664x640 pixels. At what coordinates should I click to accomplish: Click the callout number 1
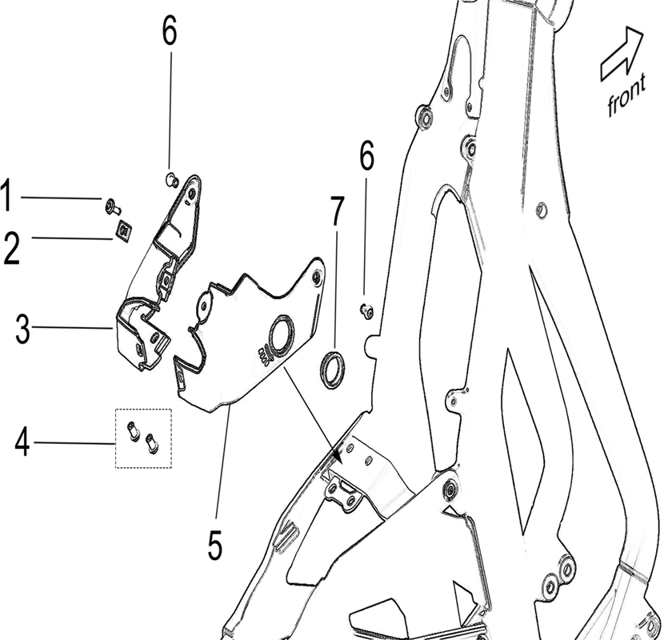click(x=7, y=197)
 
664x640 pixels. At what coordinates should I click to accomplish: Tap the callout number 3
click(x=22, y=329)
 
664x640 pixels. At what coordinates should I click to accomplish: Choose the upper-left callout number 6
click(x=169, y=32)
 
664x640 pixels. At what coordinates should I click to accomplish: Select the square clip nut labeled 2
click(x=122, y=232)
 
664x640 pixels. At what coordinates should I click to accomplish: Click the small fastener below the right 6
click(x=366, y=310)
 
